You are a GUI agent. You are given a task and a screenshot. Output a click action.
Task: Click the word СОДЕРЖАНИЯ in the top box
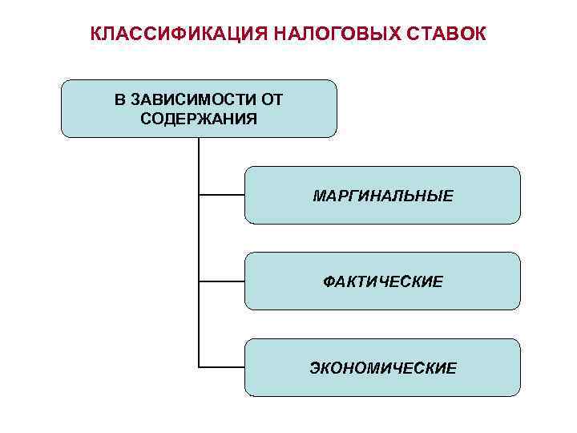[199, 119]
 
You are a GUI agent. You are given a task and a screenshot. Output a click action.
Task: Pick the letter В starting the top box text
[119, 100]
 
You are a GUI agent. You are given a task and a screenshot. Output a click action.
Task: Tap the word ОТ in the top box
[272, 100]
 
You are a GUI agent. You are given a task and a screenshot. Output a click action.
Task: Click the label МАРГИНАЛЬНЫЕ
[383, 196]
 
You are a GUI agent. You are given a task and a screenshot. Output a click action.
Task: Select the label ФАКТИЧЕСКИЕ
[383, 281]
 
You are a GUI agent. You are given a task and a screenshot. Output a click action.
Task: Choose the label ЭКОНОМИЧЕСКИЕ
[383, 368]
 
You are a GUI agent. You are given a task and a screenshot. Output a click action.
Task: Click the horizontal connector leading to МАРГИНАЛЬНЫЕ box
[221, 194]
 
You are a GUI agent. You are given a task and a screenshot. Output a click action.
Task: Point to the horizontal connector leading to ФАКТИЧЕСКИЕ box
[221, 281]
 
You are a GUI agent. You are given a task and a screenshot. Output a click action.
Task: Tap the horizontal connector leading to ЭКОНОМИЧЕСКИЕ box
[221, 367]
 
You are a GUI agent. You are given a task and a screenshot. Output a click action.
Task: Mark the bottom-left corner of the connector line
[199, 367]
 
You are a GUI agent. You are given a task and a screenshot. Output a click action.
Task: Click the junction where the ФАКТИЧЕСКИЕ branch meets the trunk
[199, 281]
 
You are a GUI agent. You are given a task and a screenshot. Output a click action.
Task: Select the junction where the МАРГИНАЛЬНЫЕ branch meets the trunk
[199, 194]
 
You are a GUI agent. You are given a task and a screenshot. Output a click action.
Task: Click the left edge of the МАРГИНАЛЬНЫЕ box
[244, 195]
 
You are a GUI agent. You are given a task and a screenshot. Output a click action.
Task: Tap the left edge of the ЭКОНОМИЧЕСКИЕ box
[244, 367]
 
